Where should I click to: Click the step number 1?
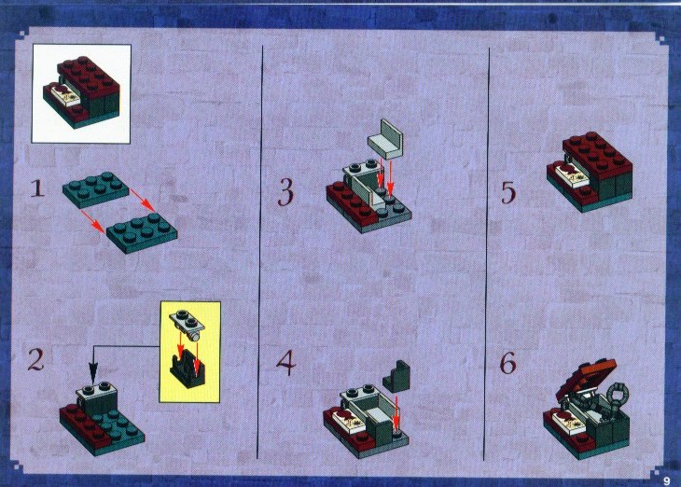(x=37, y=189)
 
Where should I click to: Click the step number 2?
(x=35, y=360)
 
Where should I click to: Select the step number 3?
(x=285, y=192)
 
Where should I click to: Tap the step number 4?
(x=285, y=362)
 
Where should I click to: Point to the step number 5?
(x=508, y=192)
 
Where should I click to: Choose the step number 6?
(x=507, y=363)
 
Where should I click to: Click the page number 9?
(x=667, y=480)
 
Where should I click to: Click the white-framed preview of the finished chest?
(x=81, y=93)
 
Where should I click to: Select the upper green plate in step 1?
(x=95, y=188)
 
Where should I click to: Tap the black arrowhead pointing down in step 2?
(x=92, y=373)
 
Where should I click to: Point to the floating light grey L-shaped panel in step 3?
(x=385, y=140)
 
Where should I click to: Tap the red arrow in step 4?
(x=396, y=410)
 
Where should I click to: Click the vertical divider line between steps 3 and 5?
(x=487, y=253)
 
